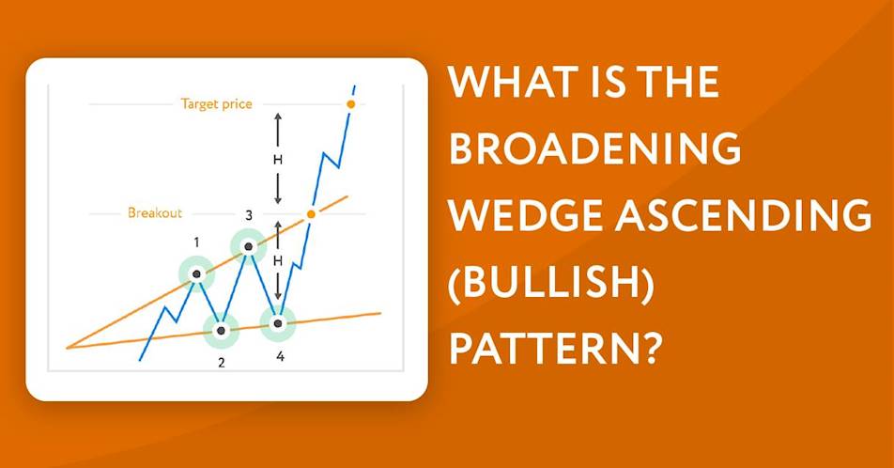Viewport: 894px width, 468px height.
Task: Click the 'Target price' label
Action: pyautogui.click(x=216, y=104)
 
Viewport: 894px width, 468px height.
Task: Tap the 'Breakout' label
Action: pyautogui.click(x=155, y=213)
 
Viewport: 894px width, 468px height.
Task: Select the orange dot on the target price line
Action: pyautogui.click(x=351, y=104)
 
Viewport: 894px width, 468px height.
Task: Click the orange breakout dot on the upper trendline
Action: pyautogui.click(x=311, y=214)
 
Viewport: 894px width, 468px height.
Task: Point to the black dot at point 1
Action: pyautogui.click(x=196, y=274)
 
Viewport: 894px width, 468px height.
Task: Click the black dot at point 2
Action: pyautogui.click(x=222, y=331)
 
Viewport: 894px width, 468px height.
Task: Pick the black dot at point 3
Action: pyautogui.click(x=248, y=246)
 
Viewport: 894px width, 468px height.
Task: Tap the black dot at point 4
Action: pyautogui.click(x=278, y=323)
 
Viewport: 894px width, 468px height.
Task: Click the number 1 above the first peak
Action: pyautogui.click(x=196, y=242)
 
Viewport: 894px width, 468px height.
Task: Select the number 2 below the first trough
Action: pyautogui.click(x=222, y=363)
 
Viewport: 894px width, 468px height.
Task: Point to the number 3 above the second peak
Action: pyautogui.click(x=249, y=215)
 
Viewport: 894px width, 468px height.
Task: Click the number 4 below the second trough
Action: pyautogui.click(x=280, y=356)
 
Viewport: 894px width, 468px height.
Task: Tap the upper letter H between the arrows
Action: pyautogui.click(x=278, y=160)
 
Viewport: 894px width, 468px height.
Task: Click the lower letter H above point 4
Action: pyautogui.click(x=278, y=261)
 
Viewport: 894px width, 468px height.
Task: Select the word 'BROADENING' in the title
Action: pyautogui.click(x=594, y=148)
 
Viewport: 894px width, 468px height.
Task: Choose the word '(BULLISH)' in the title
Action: pyautogui.click(x=550, y=283)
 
